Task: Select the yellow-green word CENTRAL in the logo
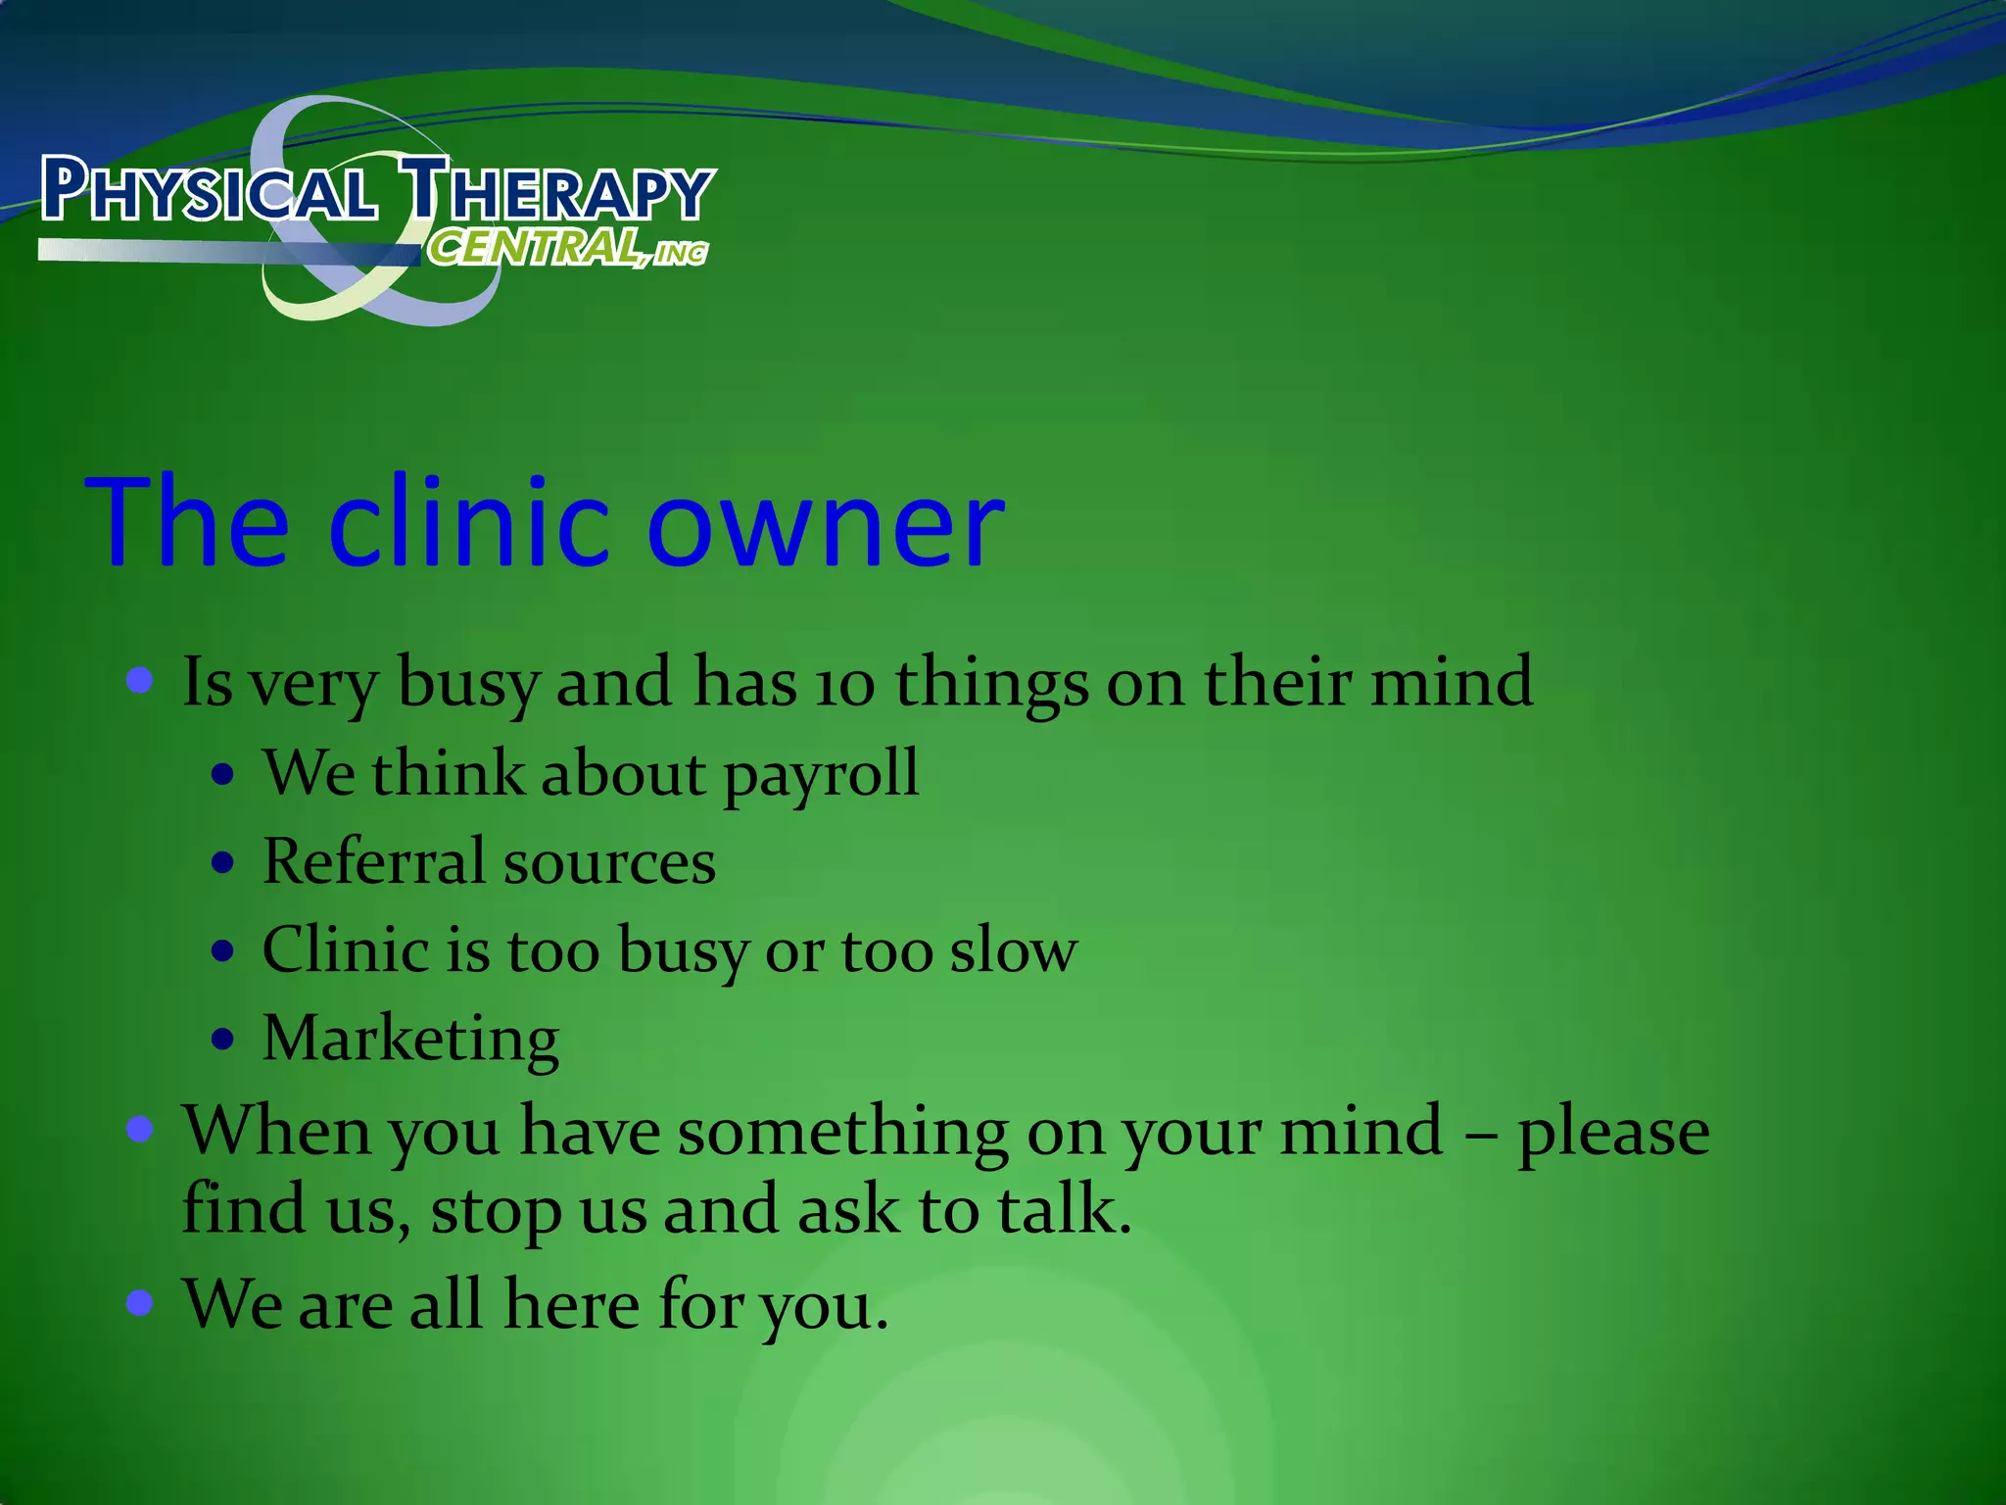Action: (x=535, y=248)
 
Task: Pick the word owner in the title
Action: (x=825, y=524)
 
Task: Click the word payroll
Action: (x=821, y=775)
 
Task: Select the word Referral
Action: (x=373, y=861)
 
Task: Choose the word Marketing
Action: (x=410, y=1040)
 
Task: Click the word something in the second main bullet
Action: (x=842, y=1132)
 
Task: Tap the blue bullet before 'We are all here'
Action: (x=140, y=1302)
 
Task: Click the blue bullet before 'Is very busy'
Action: (x=140, y=680)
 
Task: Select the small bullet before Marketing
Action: (x=223, y=1039)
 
